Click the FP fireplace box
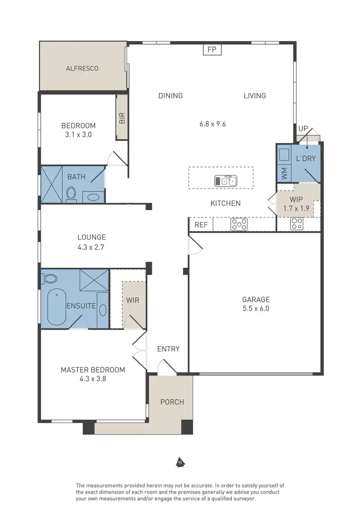click(211, 49)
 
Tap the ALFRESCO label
click(82, 68)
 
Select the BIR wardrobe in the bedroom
click(122, 118)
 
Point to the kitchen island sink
click(225, 180)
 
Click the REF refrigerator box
click(200, 224)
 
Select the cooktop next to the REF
click(239, 224)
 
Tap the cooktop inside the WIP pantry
click(297, 224)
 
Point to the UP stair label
click(303, 129)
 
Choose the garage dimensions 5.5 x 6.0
click(255, 308)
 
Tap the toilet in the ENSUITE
click(49, 278)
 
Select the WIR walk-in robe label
click(132, 300)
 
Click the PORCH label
click(172, 402)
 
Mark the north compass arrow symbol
click(180, 462)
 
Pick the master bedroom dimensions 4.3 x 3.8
click(92, 378)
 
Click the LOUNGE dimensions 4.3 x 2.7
click(91, 248)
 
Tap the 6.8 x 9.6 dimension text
click(213, 123)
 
